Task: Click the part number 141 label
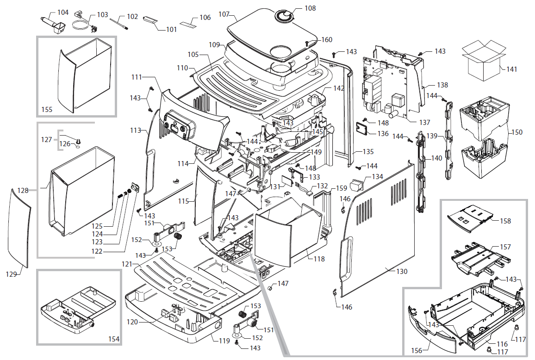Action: tap(512, 69)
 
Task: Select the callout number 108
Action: tap(310, 8)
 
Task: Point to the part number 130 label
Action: tap(402, 271)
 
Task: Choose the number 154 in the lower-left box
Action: tap(113, 339)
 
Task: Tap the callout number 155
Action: tap(47, 110)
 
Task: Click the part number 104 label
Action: tap(62, 12)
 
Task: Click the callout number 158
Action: tap(505, 221)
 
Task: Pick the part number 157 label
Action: tap(505, 247)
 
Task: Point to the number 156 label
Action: tap(417, 351)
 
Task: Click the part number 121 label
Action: tap(127, 263)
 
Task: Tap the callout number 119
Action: tap(224, 341)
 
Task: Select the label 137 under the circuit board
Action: tap(424, 123)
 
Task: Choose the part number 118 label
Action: tap(319, 259)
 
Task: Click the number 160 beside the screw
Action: tap(327, 40)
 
